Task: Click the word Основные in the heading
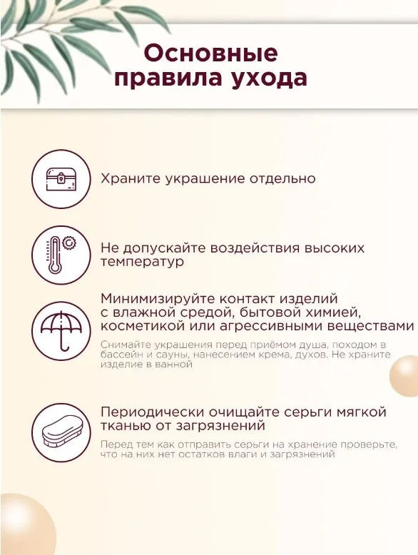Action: pos(211,53)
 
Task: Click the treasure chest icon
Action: pos(61,178)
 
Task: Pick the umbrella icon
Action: pos(61,331)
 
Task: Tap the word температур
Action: pos(142,263)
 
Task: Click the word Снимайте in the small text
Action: pos(121,345)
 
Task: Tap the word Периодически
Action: pos(152,412)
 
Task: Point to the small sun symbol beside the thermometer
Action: pos(69,243)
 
